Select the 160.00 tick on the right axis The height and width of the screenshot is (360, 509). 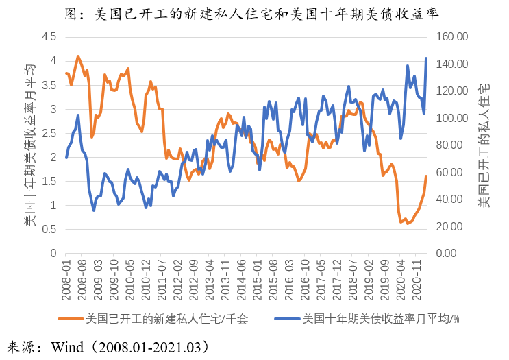452,36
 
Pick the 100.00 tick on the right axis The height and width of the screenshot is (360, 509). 452,118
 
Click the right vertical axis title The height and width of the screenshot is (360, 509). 484,145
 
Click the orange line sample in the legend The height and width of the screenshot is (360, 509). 70,319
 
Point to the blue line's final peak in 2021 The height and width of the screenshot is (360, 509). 426,58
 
